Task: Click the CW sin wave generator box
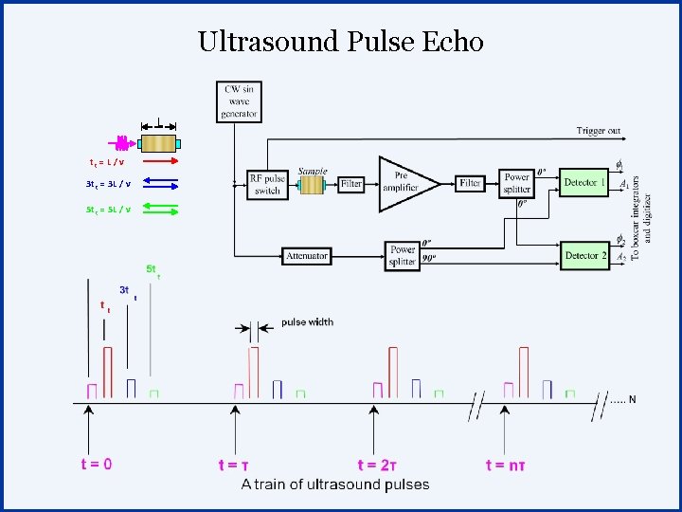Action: [239, 101]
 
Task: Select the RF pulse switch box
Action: [267, 183]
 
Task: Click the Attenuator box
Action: [306, 255]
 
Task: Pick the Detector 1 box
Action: [583, 181]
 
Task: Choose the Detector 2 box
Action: [583, 255]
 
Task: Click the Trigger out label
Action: [599, 130]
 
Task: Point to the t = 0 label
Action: [95, 464]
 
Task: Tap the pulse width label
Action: [307, 322]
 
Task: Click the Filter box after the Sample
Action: [351, 183]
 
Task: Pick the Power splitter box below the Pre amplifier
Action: [403, 255]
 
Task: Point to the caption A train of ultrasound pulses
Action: [334, 484]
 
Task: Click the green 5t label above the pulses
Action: [152, 269]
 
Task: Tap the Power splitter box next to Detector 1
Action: [517, 183]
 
